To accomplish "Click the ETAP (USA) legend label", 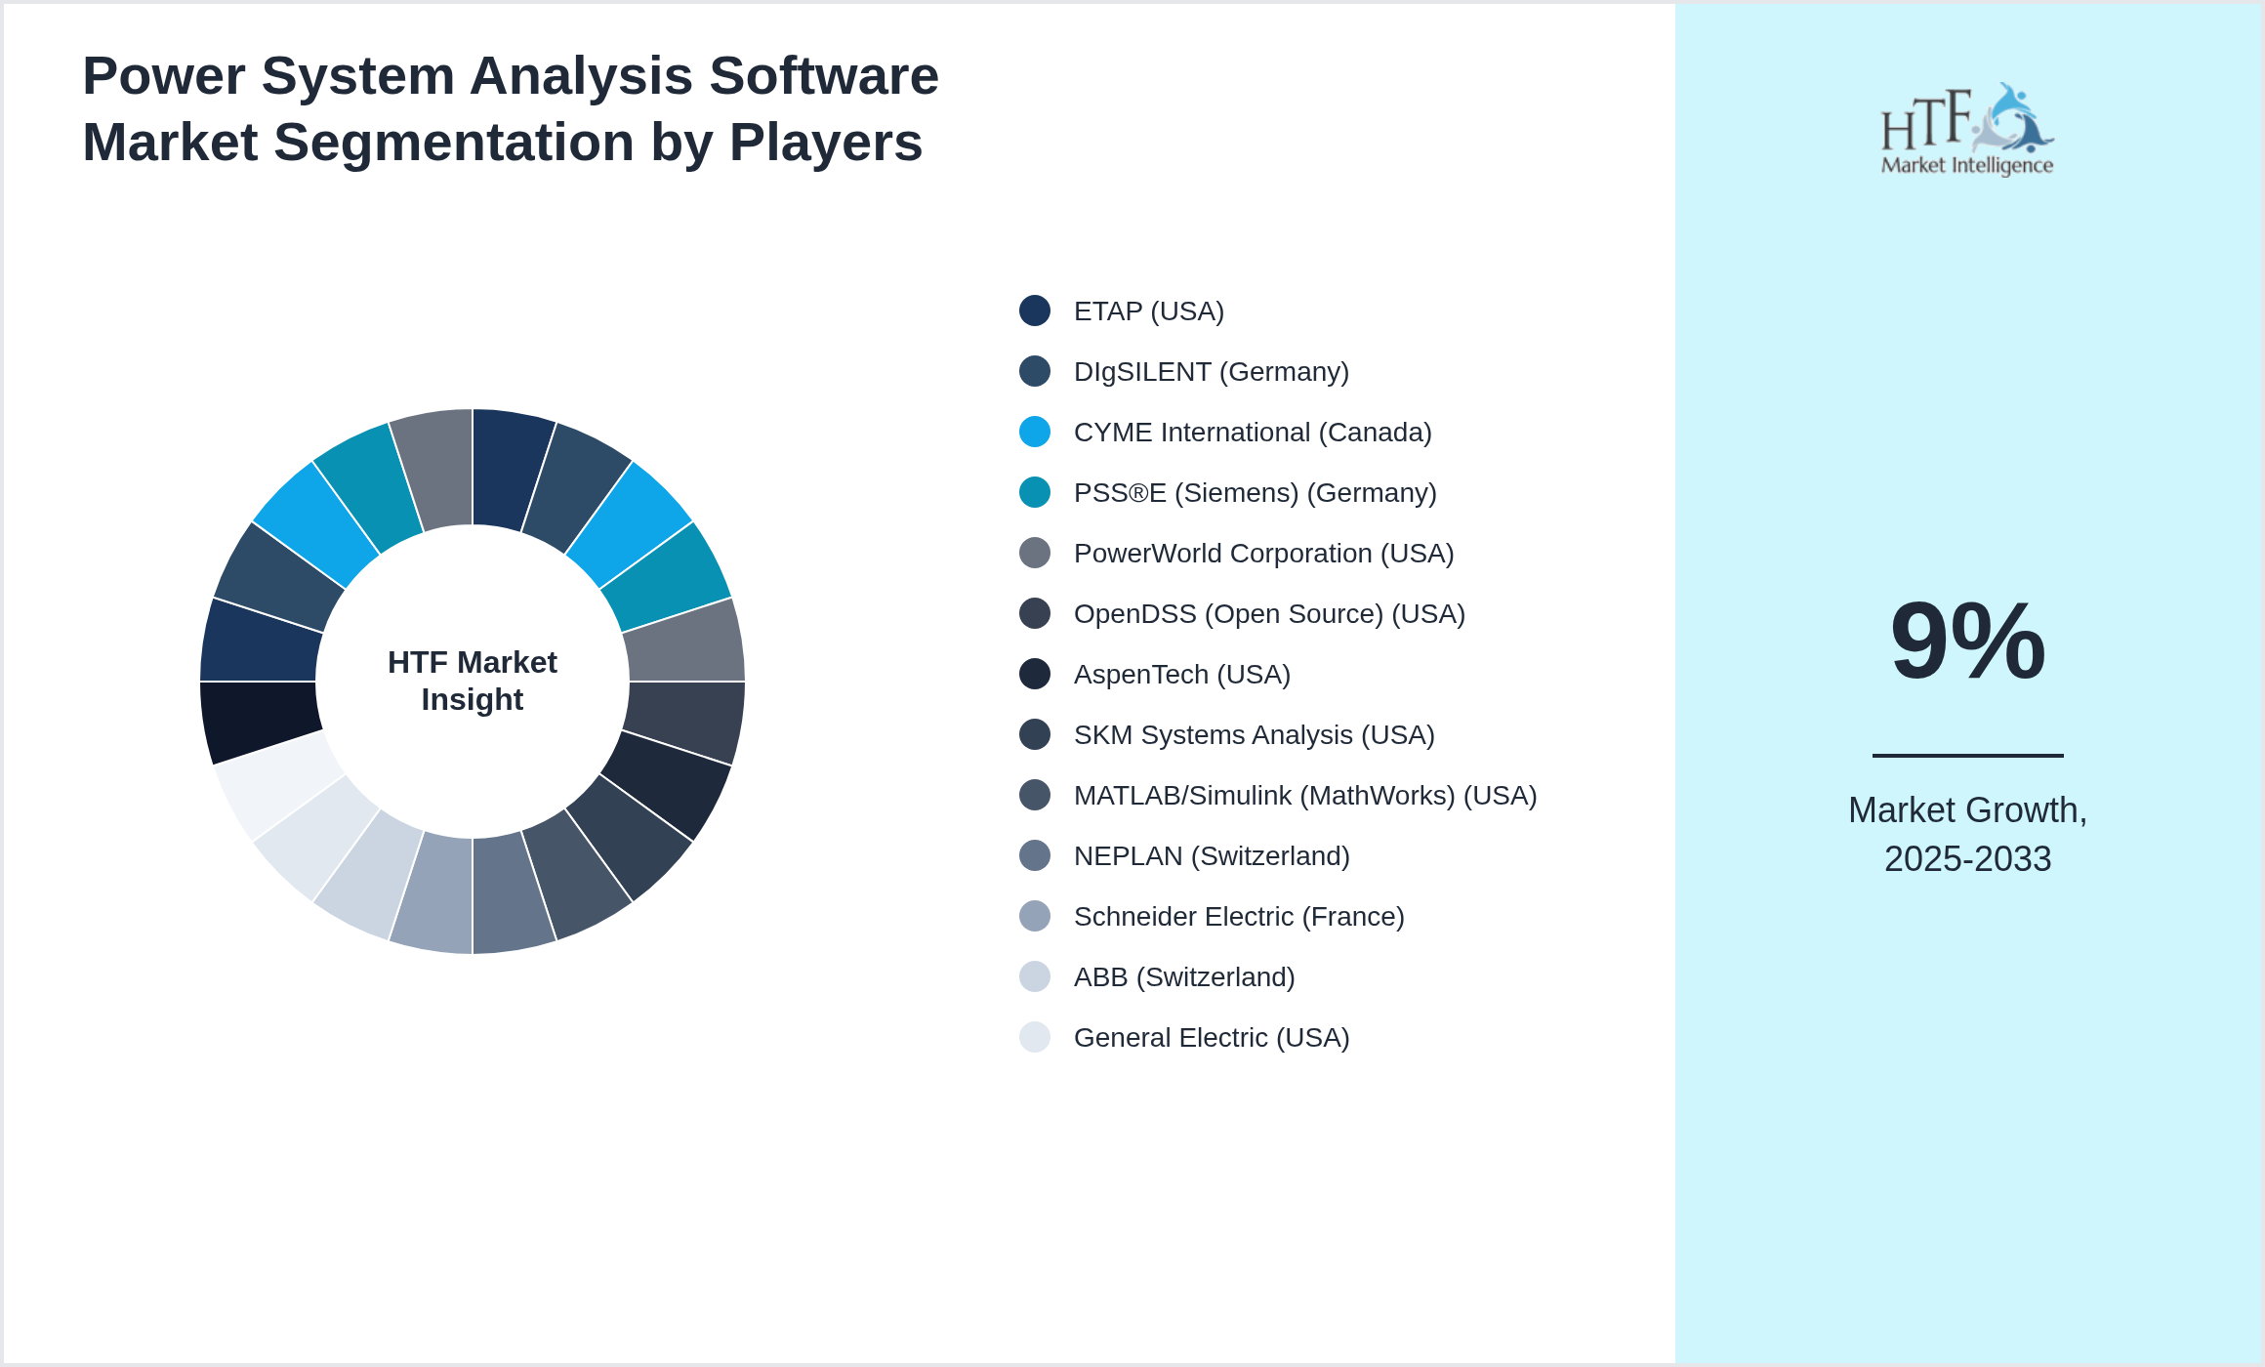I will click(x=1148, y=311).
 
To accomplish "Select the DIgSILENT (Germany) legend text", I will click(x=1211, y=372).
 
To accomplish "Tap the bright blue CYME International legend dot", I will click(x=1035, y=432).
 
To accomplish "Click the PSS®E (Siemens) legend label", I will click(x=1255, y=493).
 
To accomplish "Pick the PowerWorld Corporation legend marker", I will click(x=1035, y=553).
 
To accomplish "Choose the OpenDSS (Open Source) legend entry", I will click(x=1268, y=614).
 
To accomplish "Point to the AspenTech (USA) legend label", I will click(x=1181, y=675).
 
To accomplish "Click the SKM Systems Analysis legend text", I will click(x=1254, y=735).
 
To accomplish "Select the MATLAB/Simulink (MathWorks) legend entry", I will click(x=1304, y=796).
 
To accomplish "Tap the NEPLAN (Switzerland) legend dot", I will click(x=1035, y=855).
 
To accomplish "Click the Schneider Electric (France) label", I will click(x=1238, y=917).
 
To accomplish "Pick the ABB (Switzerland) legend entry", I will click(x=1183, y=977).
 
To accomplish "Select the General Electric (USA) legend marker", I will click(x=1035, y=1037).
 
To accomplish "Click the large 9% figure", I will click(x=1967, y=642).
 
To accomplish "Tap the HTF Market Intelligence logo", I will click(x=1967, y=130).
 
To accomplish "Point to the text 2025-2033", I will click(x=1967, y=859).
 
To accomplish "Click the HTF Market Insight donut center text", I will click(x=473, y=681).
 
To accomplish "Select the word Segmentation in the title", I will click(x=454, y=143).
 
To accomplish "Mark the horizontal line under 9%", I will click(x=1967, y=755).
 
